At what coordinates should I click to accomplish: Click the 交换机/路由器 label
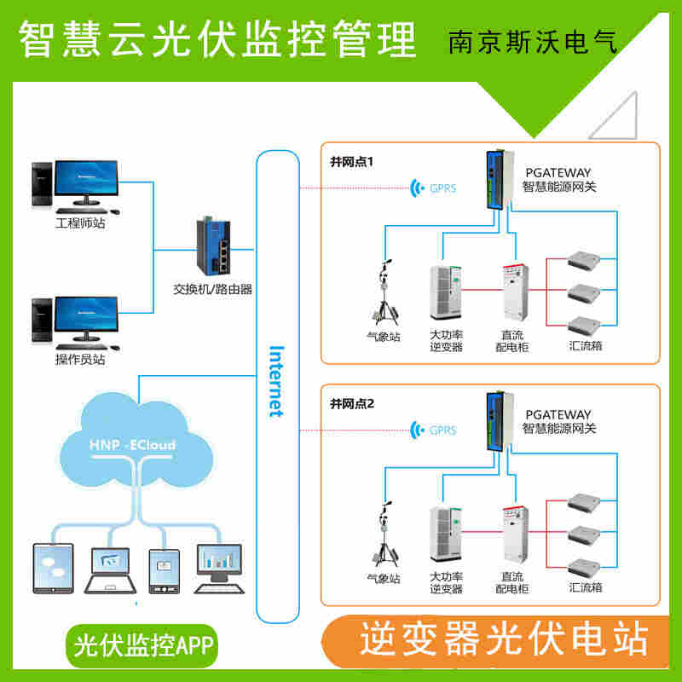[213, 289]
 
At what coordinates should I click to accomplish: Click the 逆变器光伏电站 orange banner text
[503, 638]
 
